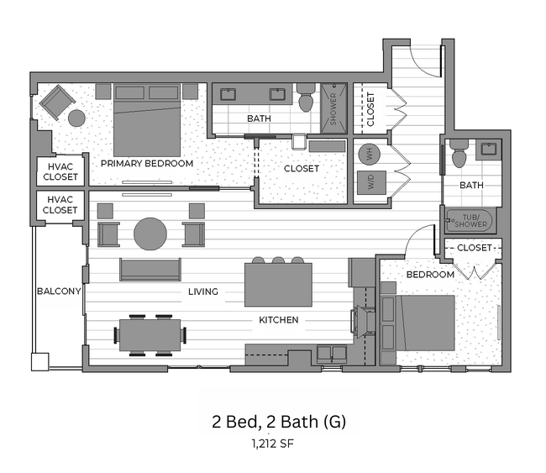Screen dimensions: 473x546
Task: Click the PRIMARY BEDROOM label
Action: click(x=147, y=163)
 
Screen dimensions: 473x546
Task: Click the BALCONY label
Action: click(x=58, y=292)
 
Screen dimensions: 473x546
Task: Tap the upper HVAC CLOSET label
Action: click(x=60, y=171)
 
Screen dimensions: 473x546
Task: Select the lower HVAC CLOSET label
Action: click(x=60, y=205)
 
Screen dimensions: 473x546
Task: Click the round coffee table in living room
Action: click(x=151, y=234)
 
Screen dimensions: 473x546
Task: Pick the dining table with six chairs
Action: click(x=151, y=334)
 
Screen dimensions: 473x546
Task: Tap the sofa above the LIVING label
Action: click(x=150, y=270)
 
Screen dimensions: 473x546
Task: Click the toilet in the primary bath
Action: click(x=306, y=101)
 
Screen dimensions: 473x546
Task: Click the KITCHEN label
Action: click(x=278, y=320)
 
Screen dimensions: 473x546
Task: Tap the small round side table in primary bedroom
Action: click(x=76, y=118)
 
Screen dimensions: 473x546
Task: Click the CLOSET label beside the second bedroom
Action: click(x=474, y=248)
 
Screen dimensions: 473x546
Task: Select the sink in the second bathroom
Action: click(x=488, y=150)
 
